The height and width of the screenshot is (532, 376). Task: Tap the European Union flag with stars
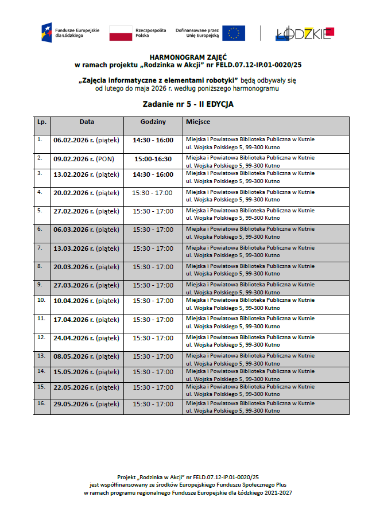(234, 33)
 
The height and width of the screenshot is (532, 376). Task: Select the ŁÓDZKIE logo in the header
(304, 34)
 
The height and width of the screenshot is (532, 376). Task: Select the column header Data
(87, 122)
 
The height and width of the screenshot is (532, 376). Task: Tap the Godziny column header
(153, 122)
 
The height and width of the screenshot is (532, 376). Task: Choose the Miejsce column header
(197, 122)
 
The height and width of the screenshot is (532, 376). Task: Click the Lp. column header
(41, 122)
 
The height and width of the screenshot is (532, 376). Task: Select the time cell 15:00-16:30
(153, 159)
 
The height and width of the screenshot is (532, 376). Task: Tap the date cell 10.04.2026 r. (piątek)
(86, 301)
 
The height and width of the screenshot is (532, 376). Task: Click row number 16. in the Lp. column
(41, 403)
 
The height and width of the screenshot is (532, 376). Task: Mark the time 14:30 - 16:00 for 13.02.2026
(153, 174)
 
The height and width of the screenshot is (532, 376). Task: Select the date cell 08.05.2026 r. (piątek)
(86, 356)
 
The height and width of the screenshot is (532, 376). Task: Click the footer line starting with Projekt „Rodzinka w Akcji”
(188, 477)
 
